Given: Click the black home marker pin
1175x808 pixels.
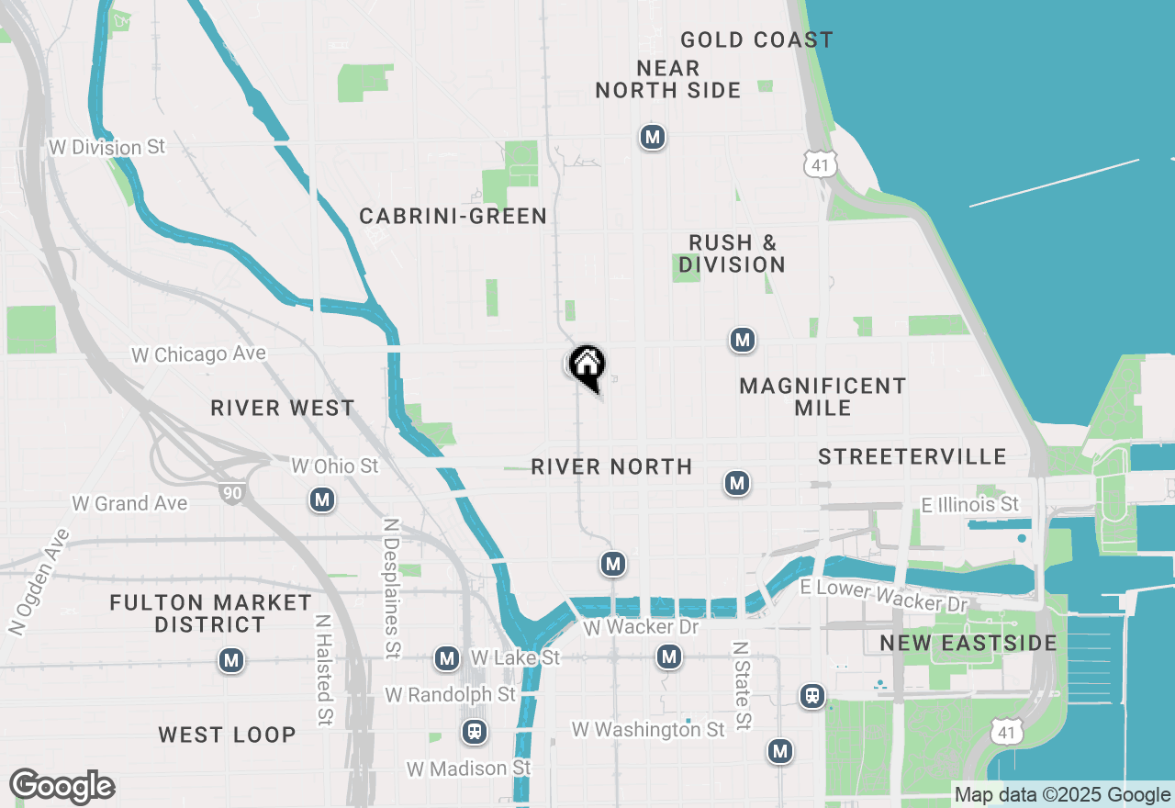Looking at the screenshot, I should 587,366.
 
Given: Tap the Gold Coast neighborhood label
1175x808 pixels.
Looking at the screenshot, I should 756,39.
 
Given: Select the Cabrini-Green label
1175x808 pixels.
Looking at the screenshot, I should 453,216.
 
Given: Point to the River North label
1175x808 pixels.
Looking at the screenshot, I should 611,466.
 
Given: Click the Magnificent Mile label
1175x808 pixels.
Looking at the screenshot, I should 822,397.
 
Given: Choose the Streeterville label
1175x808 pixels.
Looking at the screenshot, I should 912,456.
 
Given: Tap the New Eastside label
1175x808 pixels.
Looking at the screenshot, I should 968,642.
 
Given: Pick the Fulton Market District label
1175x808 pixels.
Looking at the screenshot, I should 210,613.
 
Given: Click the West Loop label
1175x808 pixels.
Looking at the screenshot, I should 227,735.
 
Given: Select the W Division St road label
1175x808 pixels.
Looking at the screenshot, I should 107,147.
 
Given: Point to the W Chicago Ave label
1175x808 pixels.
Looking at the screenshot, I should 198,354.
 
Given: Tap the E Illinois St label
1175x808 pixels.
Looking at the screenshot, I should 969,504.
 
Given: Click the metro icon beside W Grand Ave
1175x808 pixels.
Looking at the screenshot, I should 321,499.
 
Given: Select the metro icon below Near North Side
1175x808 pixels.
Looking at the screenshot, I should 652,138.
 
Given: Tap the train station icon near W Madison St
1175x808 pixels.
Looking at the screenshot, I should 474,732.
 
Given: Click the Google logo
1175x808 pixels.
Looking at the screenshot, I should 62,786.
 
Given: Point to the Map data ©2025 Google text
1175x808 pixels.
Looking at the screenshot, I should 1062,795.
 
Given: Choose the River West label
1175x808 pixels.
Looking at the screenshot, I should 282,408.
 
